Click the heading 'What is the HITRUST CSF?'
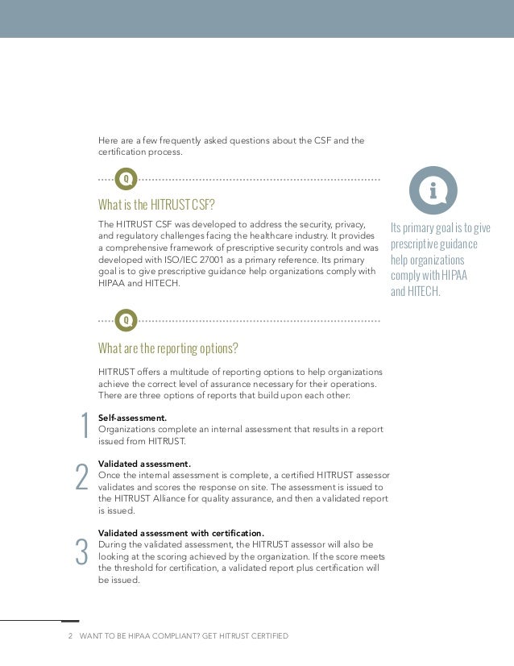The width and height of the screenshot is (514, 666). click(x=156, y=204)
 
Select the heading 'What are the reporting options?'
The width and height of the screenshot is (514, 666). click(x=168, y=348)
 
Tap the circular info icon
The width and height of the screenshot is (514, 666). click(x=433, y=190)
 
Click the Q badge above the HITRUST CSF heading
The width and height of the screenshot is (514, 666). click(x=126, y=178)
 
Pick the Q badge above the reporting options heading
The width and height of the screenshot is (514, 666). click(x=126, y=320)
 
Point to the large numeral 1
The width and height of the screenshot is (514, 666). click(x=83, y=428)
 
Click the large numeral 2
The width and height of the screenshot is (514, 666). click(x=81, y=477)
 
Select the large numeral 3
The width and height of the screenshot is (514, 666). click(x=81, y=552)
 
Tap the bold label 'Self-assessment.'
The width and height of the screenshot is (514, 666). click(x=132, y=418)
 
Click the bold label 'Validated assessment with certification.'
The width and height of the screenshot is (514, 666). click(x=180, y=534)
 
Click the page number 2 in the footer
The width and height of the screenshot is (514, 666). click(x=71, y=636)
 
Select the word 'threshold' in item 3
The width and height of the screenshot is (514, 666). click(x=134, y=568)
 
